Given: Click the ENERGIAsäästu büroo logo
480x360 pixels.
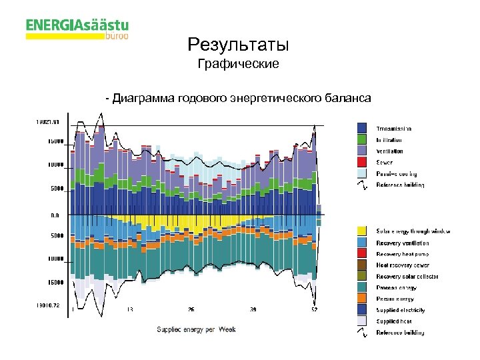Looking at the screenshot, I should click(x=77, y=29).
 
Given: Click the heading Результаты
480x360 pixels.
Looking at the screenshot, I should click(x=239, y=45).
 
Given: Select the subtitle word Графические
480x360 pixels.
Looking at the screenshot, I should click(x=239, y=65).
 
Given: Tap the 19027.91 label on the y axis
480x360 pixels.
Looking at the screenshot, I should click(x=47, y=121).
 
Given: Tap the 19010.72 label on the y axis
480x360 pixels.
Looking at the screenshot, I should click(x=47, y=305).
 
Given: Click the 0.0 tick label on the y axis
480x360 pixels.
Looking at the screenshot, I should click(x=55, y=215).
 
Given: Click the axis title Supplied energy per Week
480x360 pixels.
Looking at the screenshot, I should click(x=196, y=329).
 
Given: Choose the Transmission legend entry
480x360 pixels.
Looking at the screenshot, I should click(x=393, y=128).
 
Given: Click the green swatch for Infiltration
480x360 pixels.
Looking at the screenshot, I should click(x=362, y=139).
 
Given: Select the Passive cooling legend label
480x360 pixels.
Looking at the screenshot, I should click(x=394, y=173).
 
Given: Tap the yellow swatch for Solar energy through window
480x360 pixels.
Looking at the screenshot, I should click(x=362, y=231).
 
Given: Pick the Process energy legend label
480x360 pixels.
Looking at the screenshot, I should click(x=396, y=287).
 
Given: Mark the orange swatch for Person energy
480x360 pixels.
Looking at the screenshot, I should click(x=362, y=298).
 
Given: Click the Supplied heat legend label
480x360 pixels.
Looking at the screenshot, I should click(x=394, y=321).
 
